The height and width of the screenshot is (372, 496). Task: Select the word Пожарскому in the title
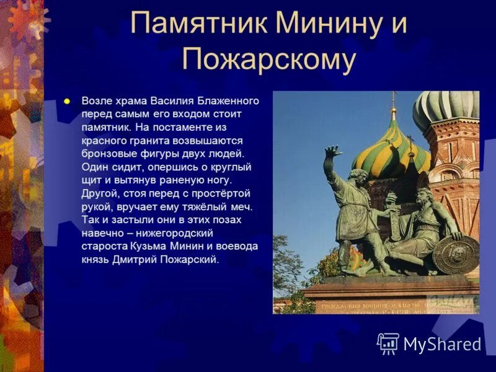269,60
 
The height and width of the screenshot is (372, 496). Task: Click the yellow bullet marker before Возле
68,100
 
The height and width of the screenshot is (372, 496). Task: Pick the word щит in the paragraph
92,180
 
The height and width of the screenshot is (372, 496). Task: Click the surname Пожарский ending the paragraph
192,260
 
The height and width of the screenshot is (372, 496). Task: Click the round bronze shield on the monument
456,254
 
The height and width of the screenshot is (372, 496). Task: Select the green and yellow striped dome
391,149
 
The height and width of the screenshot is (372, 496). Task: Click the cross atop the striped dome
392,99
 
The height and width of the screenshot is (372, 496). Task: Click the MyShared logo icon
388,343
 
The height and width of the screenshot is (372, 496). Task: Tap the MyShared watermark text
442,345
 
